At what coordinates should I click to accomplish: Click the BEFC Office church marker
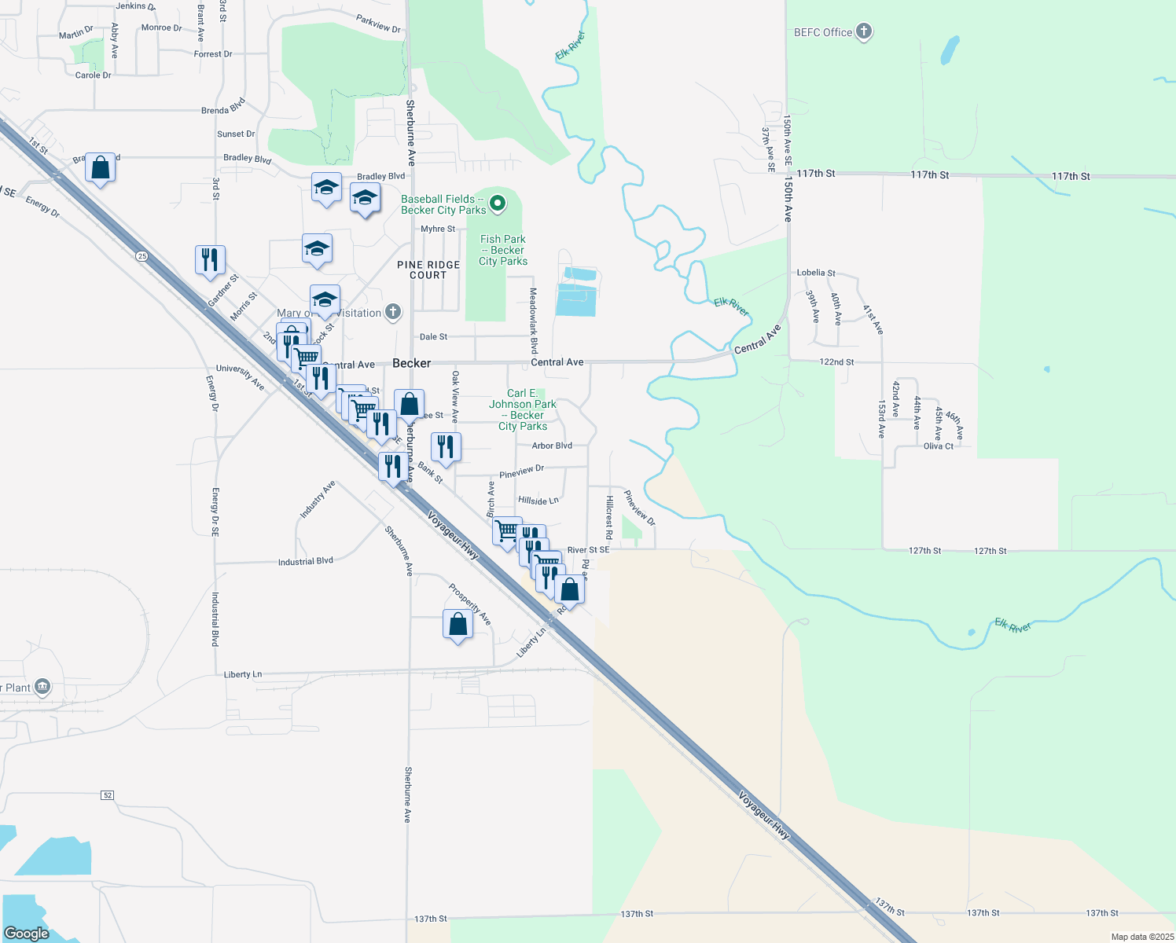click(864, 31)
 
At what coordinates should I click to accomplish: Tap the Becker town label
click(412, 363)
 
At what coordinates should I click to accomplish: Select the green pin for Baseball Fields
click(497, 204)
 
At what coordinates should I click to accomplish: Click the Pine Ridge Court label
click(428, 270)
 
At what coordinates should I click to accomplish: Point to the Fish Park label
click(503, 250)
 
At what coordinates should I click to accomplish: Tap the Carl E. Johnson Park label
click(523, 409)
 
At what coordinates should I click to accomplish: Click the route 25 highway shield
click(141, 256)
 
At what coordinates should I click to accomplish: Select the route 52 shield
click(108, 795)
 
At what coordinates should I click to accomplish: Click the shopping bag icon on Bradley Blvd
click(100, 167)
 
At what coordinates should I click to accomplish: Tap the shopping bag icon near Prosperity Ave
click(458, 624)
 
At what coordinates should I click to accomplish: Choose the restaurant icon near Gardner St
click(210, 259)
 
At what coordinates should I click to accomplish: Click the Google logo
click(27, 934)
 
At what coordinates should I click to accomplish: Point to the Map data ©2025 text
click(1142, 937)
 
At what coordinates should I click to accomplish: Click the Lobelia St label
click(816, 273)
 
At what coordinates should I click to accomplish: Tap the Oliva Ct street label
click(939, 446)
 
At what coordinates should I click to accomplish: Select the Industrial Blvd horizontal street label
click(306, 562)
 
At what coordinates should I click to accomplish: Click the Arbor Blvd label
click(552, 446)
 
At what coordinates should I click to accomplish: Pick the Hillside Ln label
click(538, 501)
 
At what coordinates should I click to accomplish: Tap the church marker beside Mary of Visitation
click(393, 313)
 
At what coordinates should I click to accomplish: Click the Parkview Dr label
click(378, 24)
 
